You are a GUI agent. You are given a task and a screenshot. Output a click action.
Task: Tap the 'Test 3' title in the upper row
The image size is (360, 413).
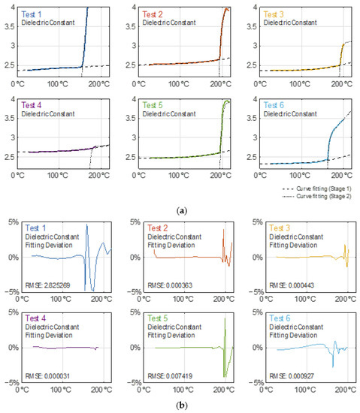tap(260, 14)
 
